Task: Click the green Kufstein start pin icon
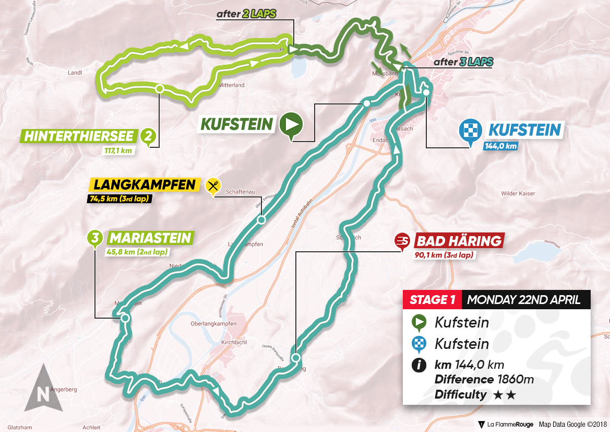tap(291, 126)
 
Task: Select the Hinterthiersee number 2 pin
tap(149, 137)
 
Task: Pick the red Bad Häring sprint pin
tap(402, 241)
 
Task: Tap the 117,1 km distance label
tap(118, 151)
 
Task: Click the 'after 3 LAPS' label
tap(463, 62)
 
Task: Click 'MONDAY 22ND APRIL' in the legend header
tap(523, 300)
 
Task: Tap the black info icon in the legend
tap(418, 365)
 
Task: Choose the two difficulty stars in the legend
tap(504, 395)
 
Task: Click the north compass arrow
tap(42, 387)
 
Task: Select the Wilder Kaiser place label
tap(518, 193)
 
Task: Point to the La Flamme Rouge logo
tap(503, 424)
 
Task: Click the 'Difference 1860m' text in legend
tap(484, 379)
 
